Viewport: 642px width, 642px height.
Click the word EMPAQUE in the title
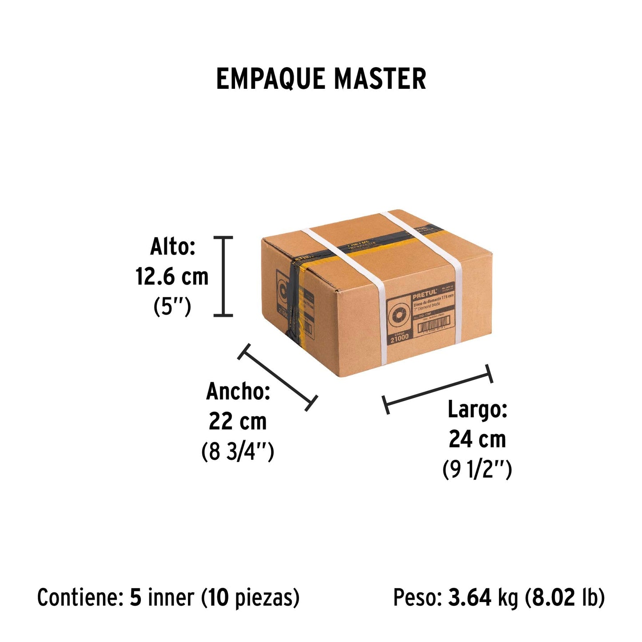pos(270,79)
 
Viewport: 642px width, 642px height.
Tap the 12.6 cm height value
pos(172,277)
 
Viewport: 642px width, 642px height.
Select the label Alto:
pos(173,247)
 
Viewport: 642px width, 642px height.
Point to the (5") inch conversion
pos(172,307)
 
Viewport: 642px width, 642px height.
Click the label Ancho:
pos(238,391)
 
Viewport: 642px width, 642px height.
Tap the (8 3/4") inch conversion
pos(238,451)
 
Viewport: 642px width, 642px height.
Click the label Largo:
pos(477,409)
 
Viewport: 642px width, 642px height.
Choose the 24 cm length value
pos(477,439)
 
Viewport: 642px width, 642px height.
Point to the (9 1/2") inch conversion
pos(477,470)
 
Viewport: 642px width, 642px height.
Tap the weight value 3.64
pos(470,598)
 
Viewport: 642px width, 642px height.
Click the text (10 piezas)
pos(250,598)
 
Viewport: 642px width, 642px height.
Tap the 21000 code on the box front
pos(399,338)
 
